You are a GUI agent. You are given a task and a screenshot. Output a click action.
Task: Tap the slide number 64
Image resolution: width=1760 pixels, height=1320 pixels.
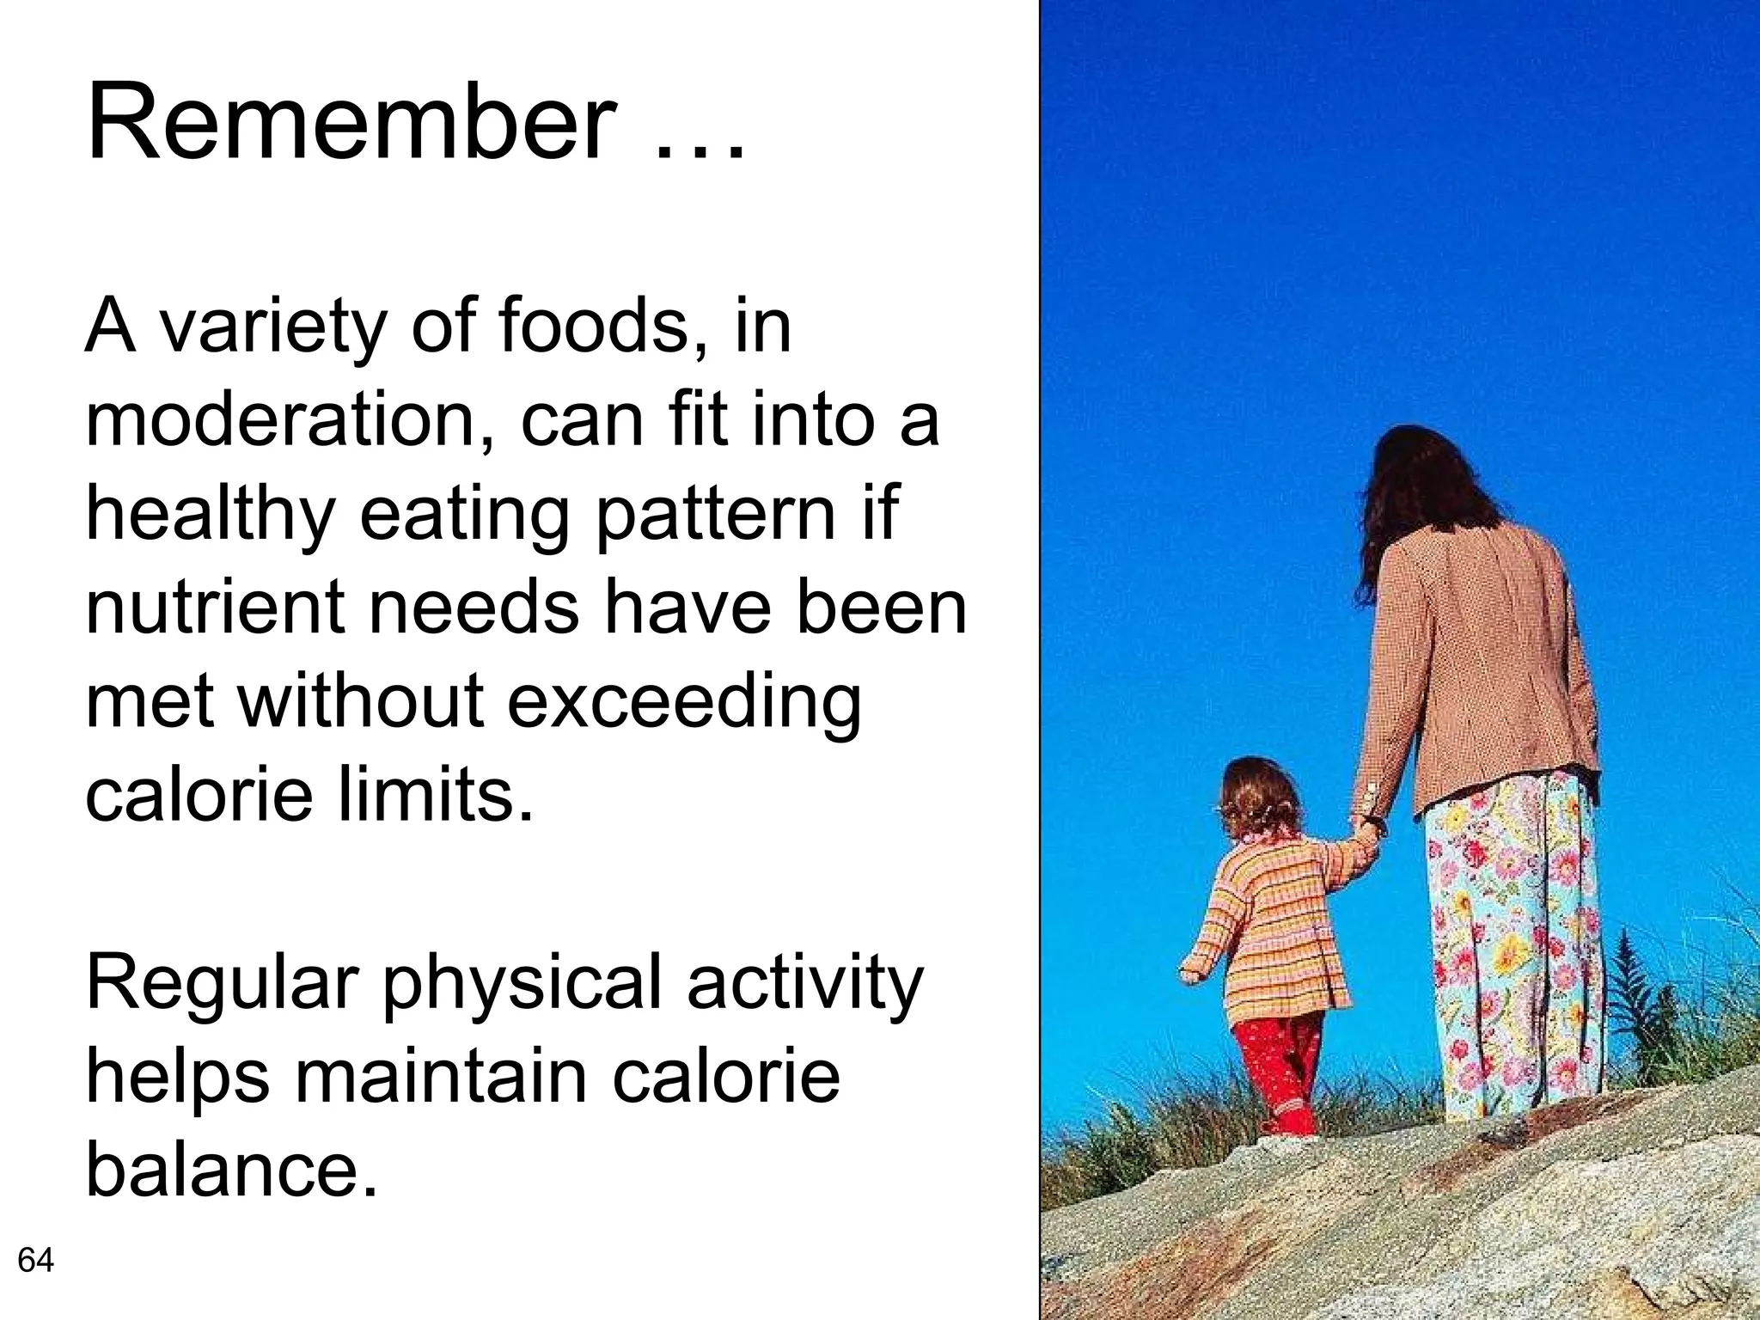click(36, 1261)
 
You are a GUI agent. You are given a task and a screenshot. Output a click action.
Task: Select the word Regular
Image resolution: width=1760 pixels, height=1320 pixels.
click(222, 984)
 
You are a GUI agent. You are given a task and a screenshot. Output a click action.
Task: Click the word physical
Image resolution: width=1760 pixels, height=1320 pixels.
click(522, 984)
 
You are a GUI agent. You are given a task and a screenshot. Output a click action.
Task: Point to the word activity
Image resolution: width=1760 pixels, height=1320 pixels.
click(804, 984)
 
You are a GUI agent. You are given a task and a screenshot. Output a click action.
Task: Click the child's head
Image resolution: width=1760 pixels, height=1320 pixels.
click(1259, 795)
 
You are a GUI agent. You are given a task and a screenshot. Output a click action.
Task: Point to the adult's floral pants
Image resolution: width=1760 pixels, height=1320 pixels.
click(1512, 945)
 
